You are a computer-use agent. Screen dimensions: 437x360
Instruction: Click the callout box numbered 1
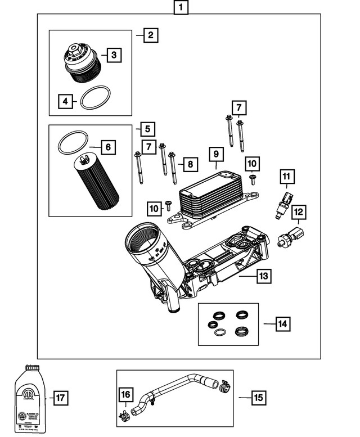tap(180, 8)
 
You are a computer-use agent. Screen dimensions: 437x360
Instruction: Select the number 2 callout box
tap(150, 35)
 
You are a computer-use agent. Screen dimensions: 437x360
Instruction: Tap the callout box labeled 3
tap(114, 55)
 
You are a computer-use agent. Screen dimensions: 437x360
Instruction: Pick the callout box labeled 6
tap(108, 148)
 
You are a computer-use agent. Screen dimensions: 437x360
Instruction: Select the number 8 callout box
tap(190, 164)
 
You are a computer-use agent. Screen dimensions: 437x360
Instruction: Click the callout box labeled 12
tap(299, 213)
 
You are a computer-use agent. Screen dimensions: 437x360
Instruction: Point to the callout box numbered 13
tap(264, 276)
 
